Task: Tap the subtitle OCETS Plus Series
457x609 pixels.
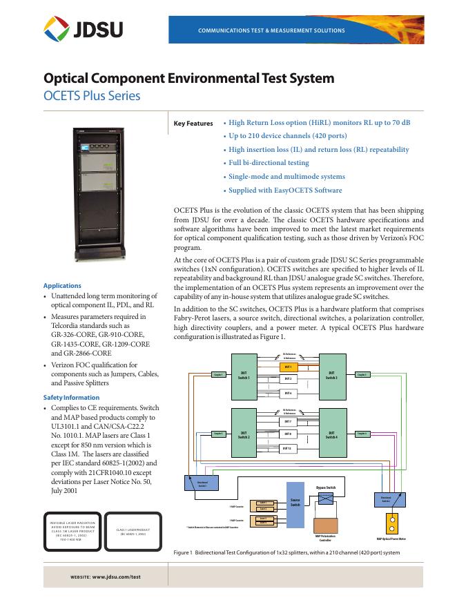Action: point(92,95)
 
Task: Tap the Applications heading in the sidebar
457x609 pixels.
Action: point(62,286)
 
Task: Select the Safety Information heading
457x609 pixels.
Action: point(71,398)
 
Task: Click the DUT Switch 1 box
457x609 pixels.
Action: point(244,376)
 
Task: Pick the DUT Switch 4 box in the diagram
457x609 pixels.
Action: point(331,434)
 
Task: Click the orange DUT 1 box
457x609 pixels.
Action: point(289,367)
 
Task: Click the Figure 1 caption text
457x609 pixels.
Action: point(286,554)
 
